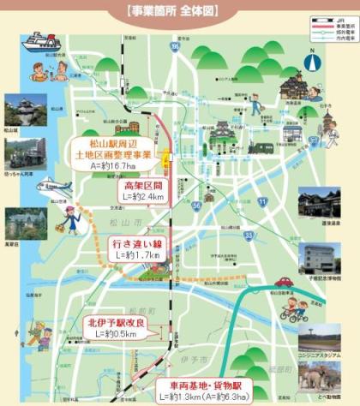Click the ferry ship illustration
pos(42,43)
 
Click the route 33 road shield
pos(248,233)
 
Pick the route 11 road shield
pos(262,200)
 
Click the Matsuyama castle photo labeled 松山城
pos(20,109)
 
